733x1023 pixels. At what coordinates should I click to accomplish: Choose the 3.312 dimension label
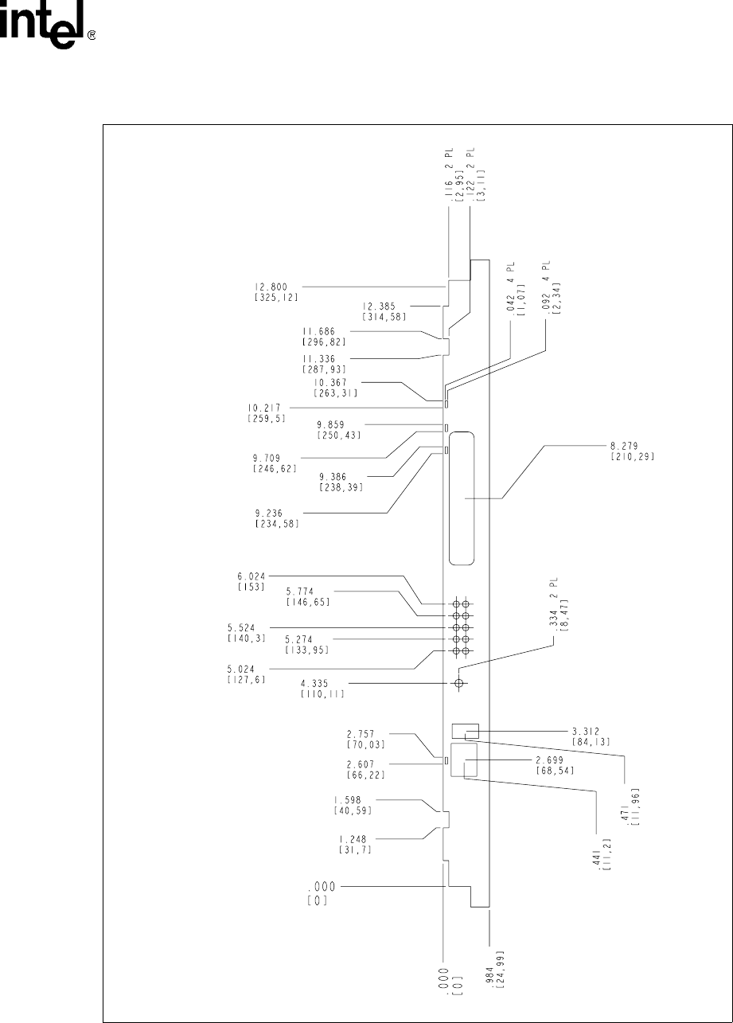590,730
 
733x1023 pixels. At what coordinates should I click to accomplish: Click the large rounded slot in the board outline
464,499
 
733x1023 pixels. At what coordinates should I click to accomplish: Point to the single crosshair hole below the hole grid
458,683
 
